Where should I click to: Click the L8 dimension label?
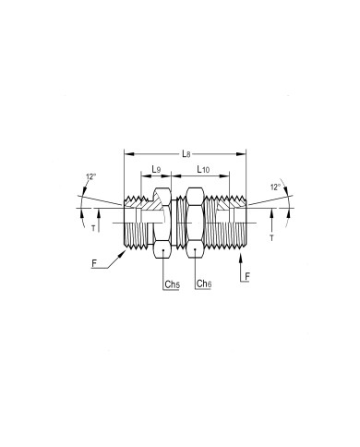(x=186, y=153)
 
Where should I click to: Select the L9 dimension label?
(x=156, y=169)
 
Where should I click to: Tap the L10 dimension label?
(x=203, y=169)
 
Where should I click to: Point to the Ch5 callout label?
(x=172, y=284)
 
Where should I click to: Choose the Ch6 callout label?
(x=204, y=284)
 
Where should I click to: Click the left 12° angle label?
(x=91, y=176)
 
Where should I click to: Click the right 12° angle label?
(x=275, y=187)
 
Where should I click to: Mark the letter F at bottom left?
(x=94, y=263)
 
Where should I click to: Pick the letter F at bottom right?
(x=247, y=277)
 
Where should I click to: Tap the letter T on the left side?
(x=93, y=228)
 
